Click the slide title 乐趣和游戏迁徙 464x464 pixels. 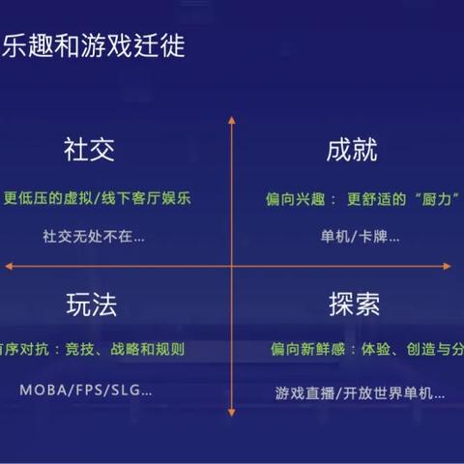point(95,44)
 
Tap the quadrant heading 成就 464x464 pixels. point(351,152)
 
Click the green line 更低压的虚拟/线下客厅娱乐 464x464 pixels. point(99,199)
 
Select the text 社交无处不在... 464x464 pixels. point(93,235)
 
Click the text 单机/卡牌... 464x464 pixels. point(361,235)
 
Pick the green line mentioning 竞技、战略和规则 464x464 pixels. point(92,349)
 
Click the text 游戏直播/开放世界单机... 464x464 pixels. point(360,392)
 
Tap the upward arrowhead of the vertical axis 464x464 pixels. point(232,120)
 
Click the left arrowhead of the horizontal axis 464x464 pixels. point(8,265)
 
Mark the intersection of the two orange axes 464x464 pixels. point(232,265)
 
